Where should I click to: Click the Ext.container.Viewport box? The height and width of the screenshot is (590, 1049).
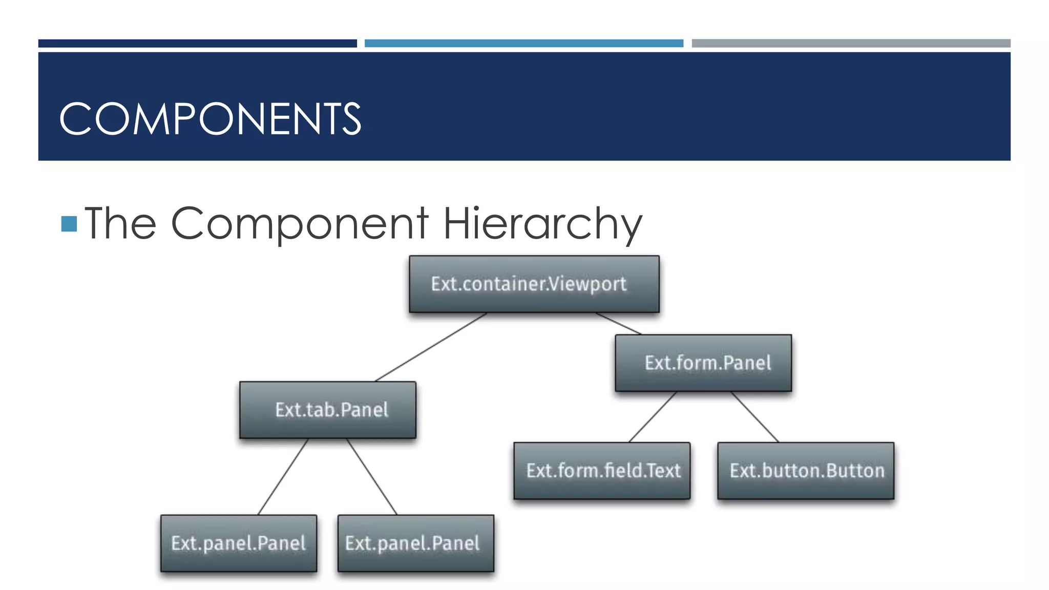pyautogui.click(x=534, y=284)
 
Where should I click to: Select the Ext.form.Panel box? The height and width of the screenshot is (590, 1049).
pyautogui.click(x=703, y=363)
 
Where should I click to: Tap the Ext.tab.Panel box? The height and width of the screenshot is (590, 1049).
pyautogui.click(x=328, y=410)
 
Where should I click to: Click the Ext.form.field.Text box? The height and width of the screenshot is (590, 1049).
pyautogui.click(x=602, y=471)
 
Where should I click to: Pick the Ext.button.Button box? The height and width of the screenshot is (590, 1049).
pyautogui.click(x=806, y=471)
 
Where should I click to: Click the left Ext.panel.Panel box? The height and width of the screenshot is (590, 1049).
pyautogui.click(x=239, y=543)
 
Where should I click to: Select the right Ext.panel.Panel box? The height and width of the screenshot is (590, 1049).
pyautogui.click(x=416, y=543)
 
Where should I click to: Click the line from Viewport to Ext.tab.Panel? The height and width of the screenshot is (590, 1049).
pyautogui.click(x=431, y=347)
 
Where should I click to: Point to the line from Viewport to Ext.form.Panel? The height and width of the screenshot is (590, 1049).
pyautogui.click(x=618, y=324)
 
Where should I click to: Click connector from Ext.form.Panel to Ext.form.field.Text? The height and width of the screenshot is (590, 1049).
pyautogui.click(x=653, y=417)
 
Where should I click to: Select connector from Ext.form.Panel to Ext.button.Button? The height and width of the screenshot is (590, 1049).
pyautogui.click(x=754, y=417)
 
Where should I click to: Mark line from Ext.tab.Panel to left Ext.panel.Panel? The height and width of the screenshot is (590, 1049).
pyautogui.click(x=283, y=477)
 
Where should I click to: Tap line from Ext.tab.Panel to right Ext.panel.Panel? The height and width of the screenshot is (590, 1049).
pyautogui.click(x=372, y=477)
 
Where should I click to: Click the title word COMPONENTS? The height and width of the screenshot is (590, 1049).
pyautogui.click(x=210, y=119)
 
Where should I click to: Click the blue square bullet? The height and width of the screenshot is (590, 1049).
pyautogui.click(x=69, y=224)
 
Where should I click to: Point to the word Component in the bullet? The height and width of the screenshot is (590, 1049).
pyautogui.click(x=299, y=224)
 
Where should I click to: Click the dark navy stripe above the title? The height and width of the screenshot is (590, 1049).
pyautogui.click(x=197, y=44)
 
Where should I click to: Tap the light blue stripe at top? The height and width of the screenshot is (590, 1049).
pyautogui.click(x=523, y=44)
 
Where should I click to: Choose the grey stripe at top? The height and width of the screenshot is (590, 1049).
pyautogui.click(x=851, y=44)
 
